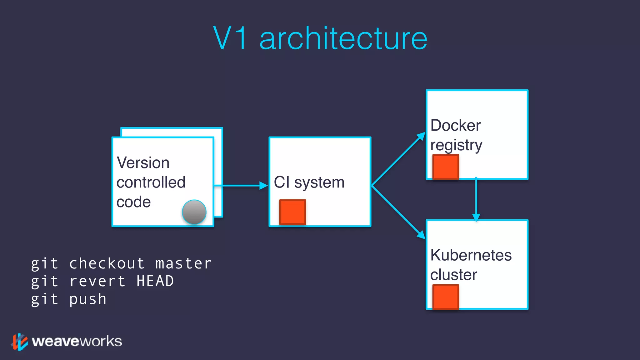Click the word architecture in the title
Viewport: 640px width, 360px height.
point(343,39)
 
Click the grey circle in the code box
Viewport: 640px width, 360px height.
point(194,212)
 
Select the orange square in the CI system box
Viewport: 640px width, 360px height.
point(292,212)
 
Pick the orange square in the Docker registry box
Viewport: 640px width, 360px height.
point(446,167)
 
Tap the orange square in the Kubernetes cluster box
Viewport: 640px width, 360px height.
point(446,297)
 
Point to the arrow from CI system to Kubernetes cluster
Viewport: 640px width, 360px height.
point(398,212)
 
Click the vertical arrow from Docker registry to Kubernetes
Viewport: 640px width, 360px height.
point(476,199)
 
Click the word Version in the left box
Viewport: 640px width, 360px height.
point(143,163)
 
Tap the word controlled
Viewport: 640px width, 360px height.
point(151,182)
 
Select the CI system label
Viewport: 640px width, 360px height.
point(309,182)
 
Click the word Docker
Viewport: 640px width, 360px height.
point(455,126)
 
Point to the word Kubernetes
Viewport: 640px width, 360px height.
point(471,255)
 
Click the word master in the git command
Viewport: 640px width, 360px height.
point(183,263)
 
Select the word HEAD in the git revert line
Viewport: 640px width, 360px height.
point(155,281)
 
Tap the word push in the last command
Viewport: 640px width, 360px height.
point(88,299)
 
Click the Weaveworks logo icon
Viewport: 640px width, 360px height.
point(20,342)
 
